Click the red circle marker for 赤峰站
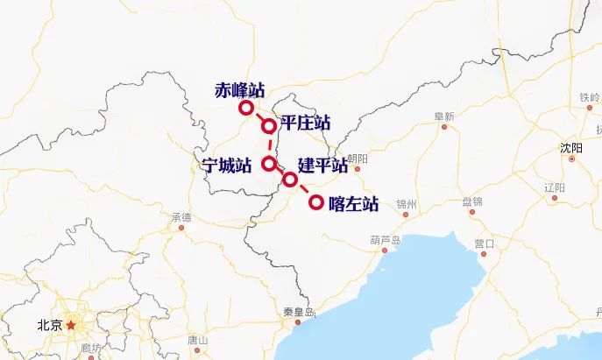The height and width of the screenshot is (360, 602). [x=246, y=108]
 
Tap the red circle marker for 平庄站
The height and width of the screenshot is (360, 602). [x=269, y=126]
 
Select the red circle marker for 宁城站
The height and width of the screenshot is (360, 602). [x=269, y=163]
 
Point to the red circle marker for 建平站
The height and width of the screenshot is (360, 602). [x=290, y=180]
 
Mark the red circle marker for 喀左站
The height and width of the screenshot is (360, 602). [x=316, y=203]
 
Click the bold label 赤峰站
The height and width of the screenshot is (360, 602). [x=238, y=89]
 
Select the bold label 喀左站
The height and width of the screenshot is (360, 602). [x=353, y=204]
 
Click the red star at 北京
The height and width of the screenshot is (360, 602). [x=72, y=324]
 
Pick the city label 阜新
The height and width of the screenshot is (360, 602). [x=444, y=116]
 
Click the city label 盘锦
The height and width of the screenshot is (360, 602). [x=472, y=201]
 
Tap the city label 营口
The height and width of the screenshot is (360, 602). [x=485, y=243]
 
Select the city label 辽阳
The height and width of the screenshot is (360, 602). [x=555, y=187]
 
